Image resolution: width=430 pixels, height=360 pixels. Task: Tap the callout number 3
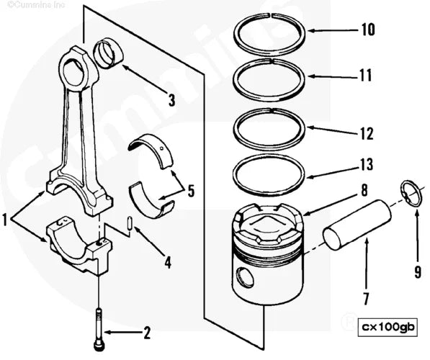171,99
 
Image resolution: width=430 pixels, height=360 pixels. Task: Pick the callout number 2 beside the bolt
147,333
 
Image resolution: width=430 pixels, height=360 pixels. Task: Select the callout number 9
417,271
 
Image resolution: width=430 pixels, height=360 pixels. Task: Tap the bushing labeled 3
109,55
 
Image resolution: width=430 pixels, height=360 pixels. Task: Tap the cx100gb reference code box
388,326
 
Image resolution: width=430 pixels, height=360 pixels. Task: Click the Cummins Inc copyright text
30,6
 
